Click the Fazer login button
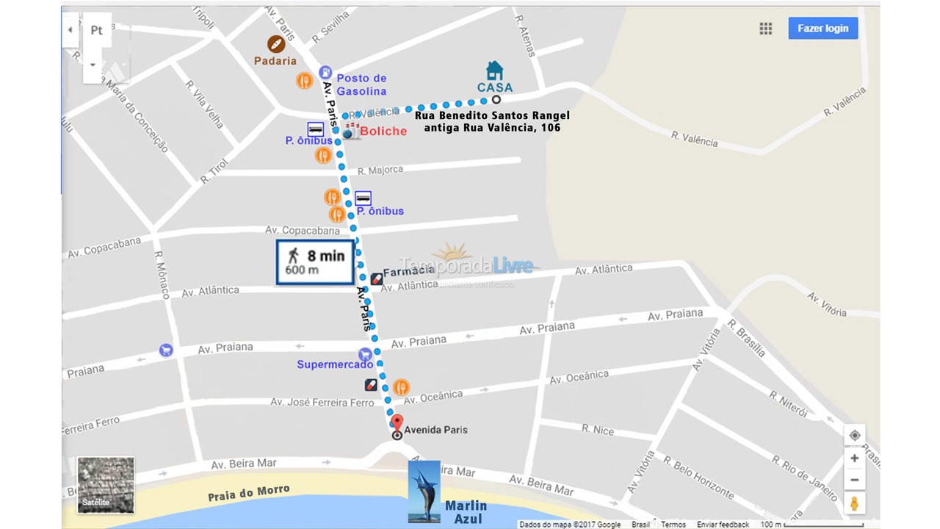[x=822, y=29]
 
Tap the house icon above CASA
[x=495, y=71]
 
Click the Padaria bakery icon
[x=276, y=44]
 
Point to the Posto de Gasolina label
[x=361, y=84]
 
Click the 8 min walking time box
[x=315, y=262]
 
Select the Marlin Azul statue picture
[x=424, y=492]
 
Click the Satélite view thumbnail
[x=106, y=485]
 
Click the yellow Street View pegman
[x=854, y=503]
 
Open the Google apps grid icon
[x=766, y=29]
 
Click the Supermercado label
[x=335, y=364]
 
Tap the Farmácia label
[x=408, y=271]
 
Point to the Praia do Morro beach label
[x=248, y=492]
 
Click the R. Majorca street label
[x=380, y=170]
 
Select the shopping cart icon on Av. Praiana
[x=166, y=350]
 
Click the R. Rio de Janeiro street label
[x=804, y=478]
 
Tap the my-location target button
[x=854, y=435]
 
